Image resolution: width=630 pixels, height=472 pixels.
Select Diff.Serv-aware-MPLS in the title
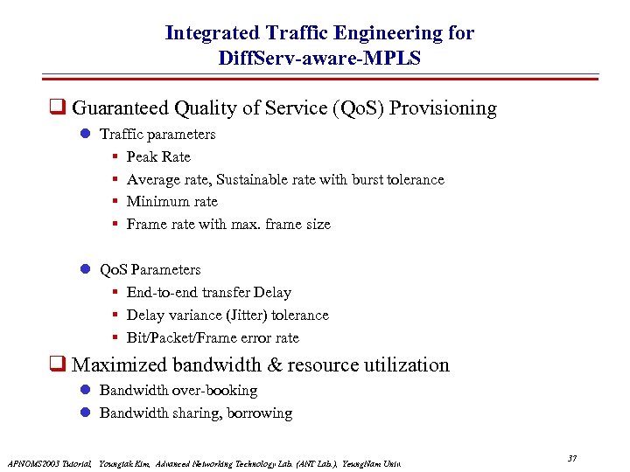tap(319, 59)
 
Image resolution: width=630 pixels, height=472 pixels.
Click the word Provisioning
tap(443, 108)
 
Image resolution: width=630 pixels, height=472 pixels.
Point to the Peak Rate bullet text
tap(158, 156)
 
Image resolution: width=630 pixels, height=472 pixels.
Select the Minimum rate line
tap(171, 201)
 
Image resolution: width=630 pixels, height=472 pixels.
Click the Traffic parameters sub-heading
tap(157, 134)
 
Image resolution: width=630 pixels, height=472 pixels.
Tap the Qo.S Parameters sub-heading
tap(150, 269)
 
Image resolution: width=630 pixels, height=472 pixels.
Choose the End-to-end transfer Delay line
tap(208, 292)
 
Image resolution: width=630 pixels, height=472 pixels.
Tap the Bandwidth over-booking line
tap(178, 390)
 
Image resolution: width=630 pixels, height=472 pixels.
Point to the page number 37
tap(572, 459)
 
